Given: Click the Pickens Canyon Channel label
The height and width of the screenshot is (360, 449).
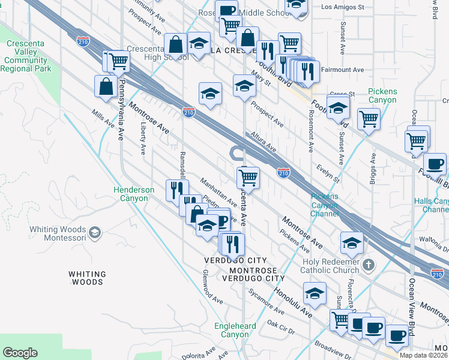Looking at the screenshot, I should point(324,205).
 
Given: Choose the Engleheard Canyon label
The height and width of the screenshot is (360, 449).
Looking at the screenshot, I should point(231,330).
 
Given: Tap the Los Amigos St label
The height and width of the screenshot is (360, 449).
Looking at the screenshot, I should point(343,7).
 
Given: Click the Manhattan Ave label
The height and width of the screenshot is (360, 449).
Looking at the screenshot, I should point(219,191).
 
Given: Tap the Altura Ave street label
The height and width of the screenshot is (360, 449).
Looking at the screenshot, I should point(264,141).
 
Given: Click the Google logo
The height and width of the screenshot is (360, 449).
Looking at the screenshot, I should point(20,353).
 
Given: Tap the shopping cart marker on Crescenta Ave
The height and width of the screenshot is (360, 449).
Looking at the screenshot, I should point(247,178).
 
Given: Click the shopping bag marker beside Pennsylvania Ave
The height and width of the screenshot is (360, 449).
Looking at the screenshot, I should point(106,86).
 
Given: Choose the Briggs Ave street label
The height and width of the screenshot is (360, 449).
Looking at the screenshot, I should point(372,169).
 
